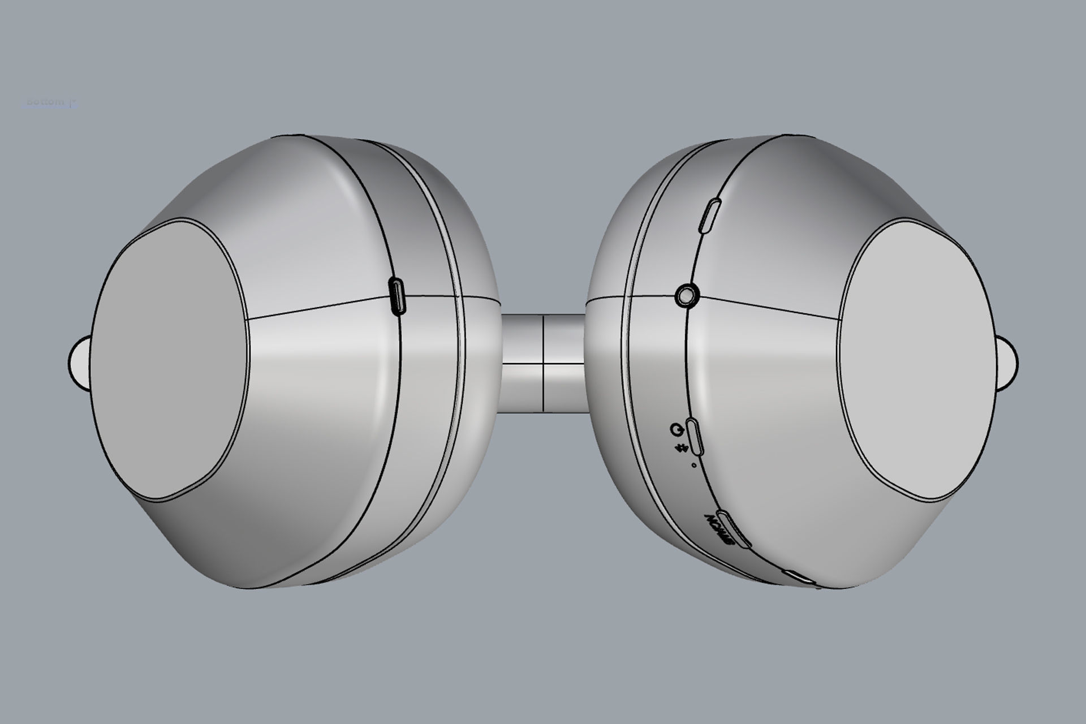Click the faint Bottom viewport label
point(45,102)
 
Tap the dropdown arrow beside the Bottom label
point(73,103)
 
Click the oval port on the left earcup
point(399,296)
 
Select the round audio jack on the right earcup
point(687,295)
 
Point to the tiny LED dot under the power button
point(694,466)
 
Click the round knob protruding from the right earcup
point(1006,362)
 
